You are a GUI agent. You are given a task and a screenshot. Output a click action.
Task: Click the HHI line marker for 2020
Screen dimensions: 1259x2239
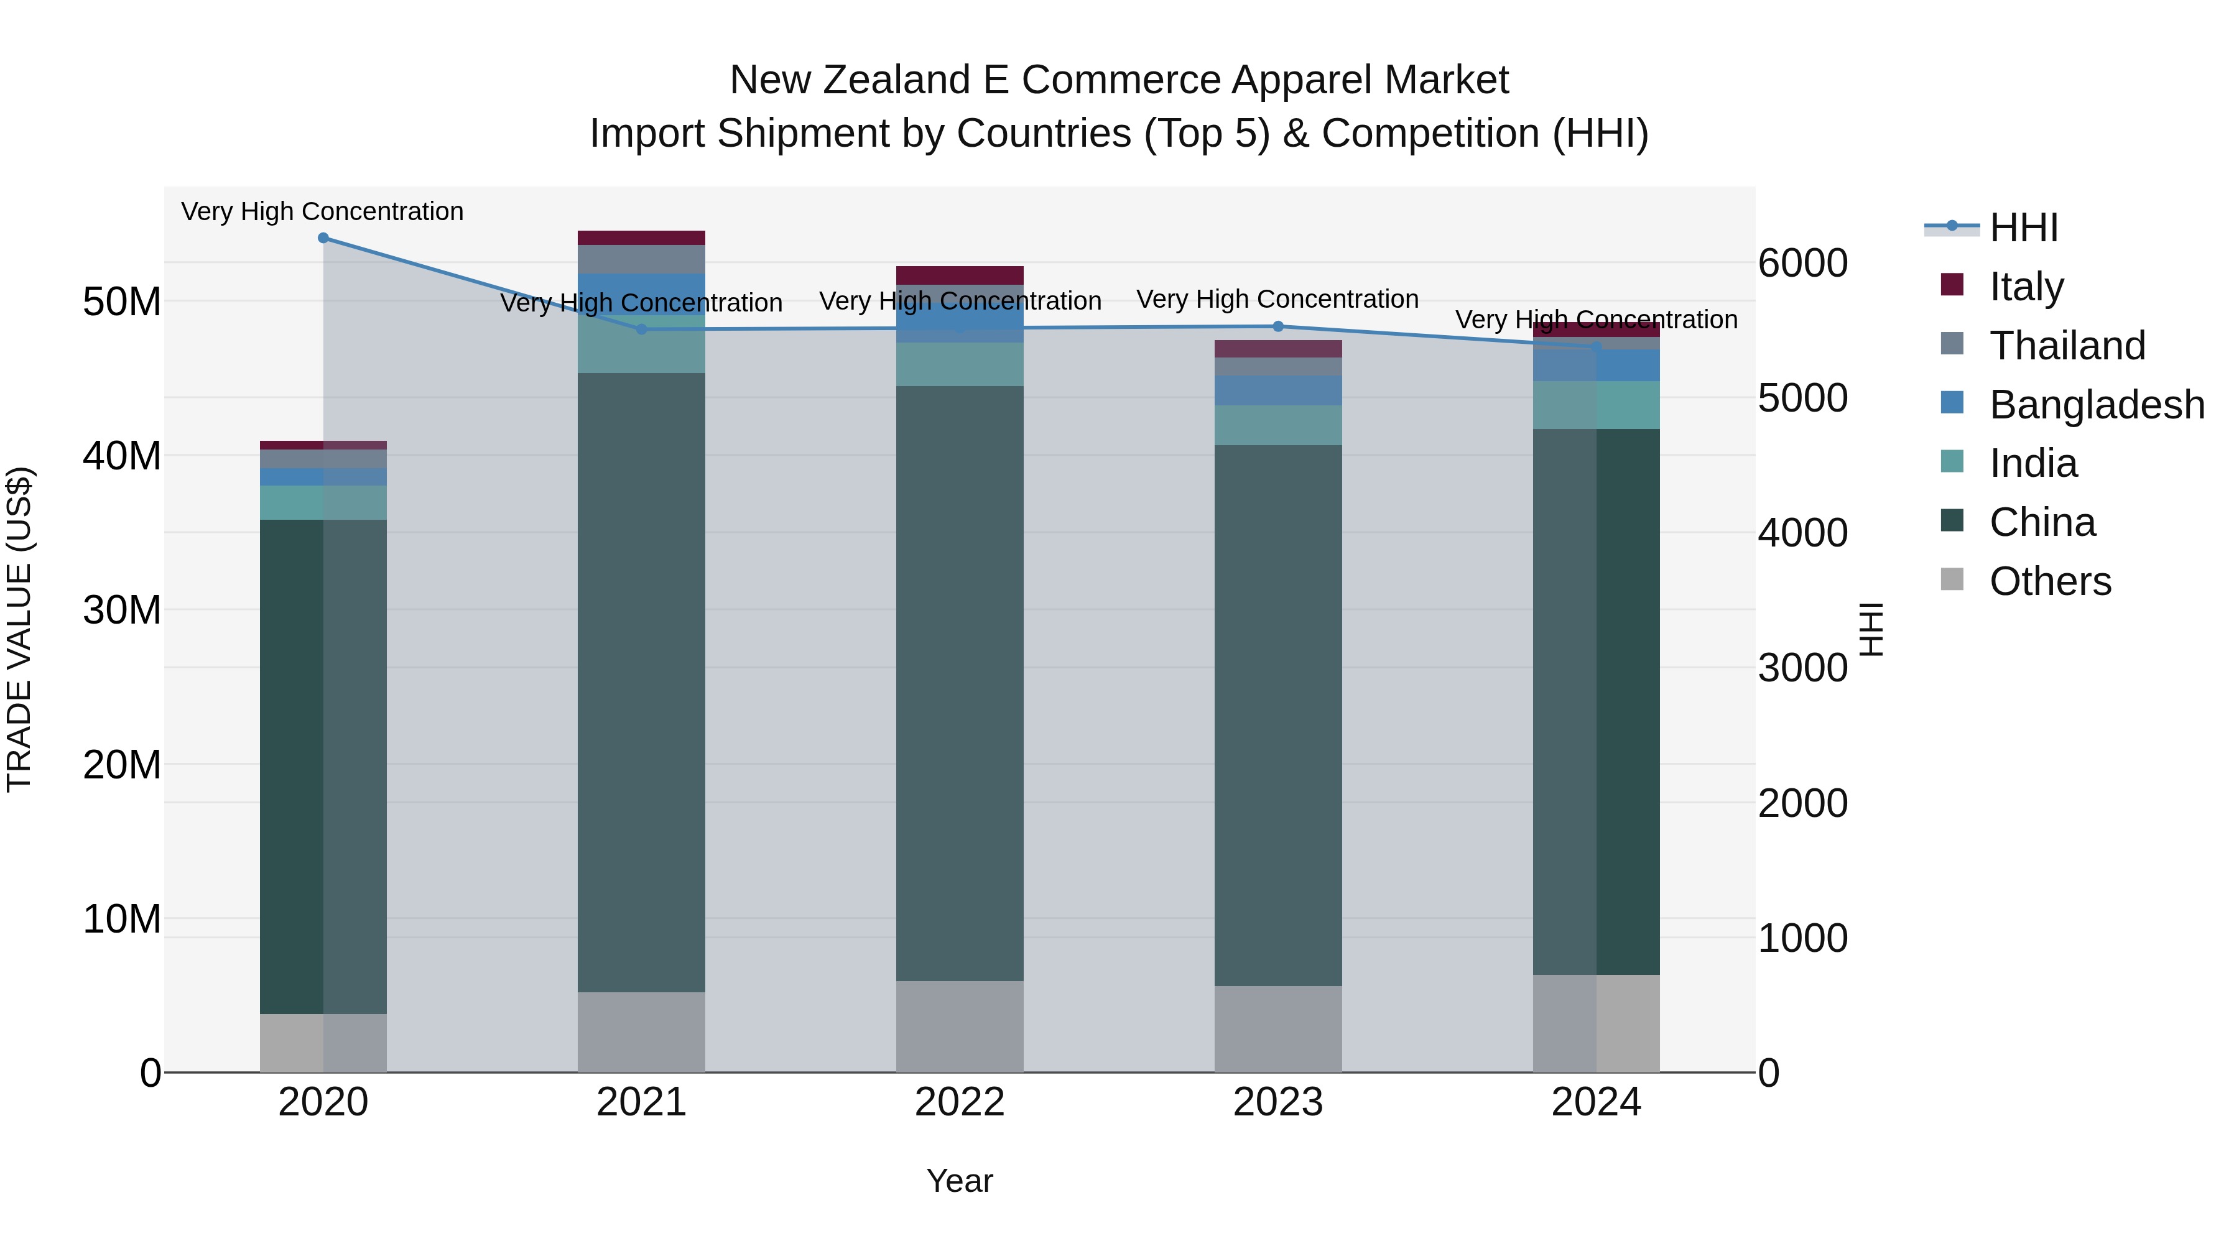pyautogui.click(x=323, y=238)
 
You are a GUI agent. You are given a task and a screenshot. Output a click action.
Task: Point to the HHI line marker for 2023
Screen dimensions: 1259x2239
pyautogui.click(x=1277, y=326)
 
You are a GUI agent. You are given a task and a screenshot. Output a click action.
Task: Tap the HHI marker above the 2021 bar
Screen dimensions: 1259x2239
pyautogui.click(x=641, y=330)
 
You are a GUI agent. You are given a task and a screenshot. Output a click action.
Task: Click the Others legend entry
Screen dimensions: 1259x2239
pyautogui.click(x=2049, y=581)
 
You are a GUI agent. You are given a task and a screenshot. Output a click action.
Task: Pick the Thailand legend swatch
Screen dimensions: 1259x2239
pyautogui.click(x=1952, y=345)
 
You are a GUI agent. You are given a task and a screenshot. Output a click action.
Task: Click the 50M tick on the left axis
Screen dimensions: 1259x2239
pyautogui.click(x=122, y=302)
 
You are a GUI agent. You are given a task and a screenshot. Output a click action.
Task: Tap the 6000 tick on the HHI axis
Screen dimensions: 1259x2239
pyautogui.click(x=1802, y=263)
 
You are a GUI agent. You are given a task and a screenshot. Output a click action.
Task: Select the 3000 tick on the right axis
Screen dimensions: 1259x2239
pyautogui.click(x=1802, y=668)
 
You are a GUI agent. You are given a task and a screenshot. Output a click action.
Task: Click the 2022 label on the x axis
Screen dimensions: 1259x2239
pyautogui.click(x=960, y=1102)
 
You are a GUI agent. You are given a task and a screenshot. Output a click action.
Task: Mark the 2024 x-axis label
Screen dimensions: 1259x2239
pyautogui.click(x=1596, y=1102)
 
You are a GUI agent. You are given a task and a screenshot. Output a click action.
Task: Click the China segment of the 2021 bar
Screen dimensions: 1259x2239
pyautogui.click(x=641, y=682)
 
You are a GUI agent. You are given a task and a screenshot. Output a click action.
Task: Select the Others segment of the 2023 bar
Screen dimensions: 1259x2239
pyautogui.click(x=1277, y=1029)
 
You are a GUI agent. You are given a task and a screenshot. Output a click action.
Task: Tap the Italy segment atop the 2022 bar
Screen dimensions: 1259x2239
pyautogui.click(x=960, y=275)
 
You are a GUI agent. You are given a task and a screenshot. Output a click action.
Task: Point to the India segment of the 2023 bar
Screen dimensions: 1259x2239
pyautogui.click(x=1277, y=425)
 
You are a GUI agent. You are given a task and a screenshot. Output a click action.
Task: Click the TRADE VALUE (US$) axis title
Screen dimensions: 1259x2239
pyautogui.click(x=20, y=629)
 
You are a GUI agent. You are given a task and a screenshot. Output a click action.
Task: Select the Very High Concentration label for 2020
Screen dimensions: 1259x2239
pyautogui.click(x=322, y=212)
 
